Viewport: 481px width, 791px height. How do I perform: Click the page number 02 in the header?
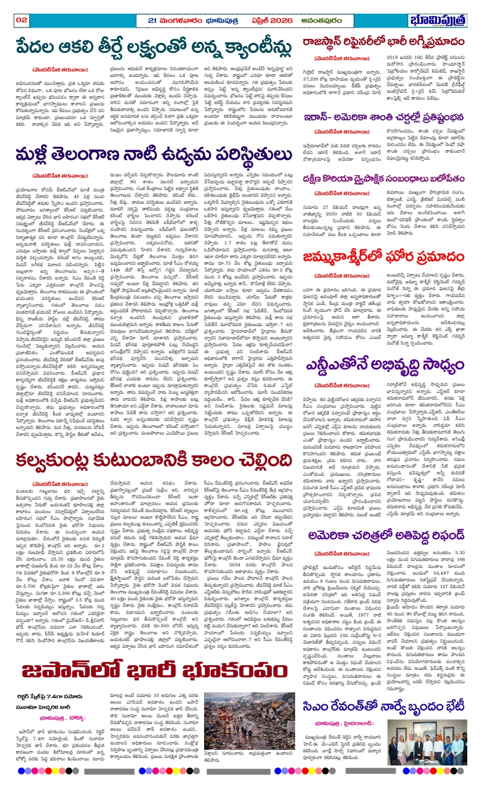(x=21, y=20)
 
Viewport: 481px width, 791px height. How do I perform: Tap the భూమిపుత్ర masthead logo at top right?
(x=438, y=21)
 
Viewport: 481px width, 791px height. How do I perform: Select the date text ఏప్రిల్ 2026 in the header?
(x=272, y=20)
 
